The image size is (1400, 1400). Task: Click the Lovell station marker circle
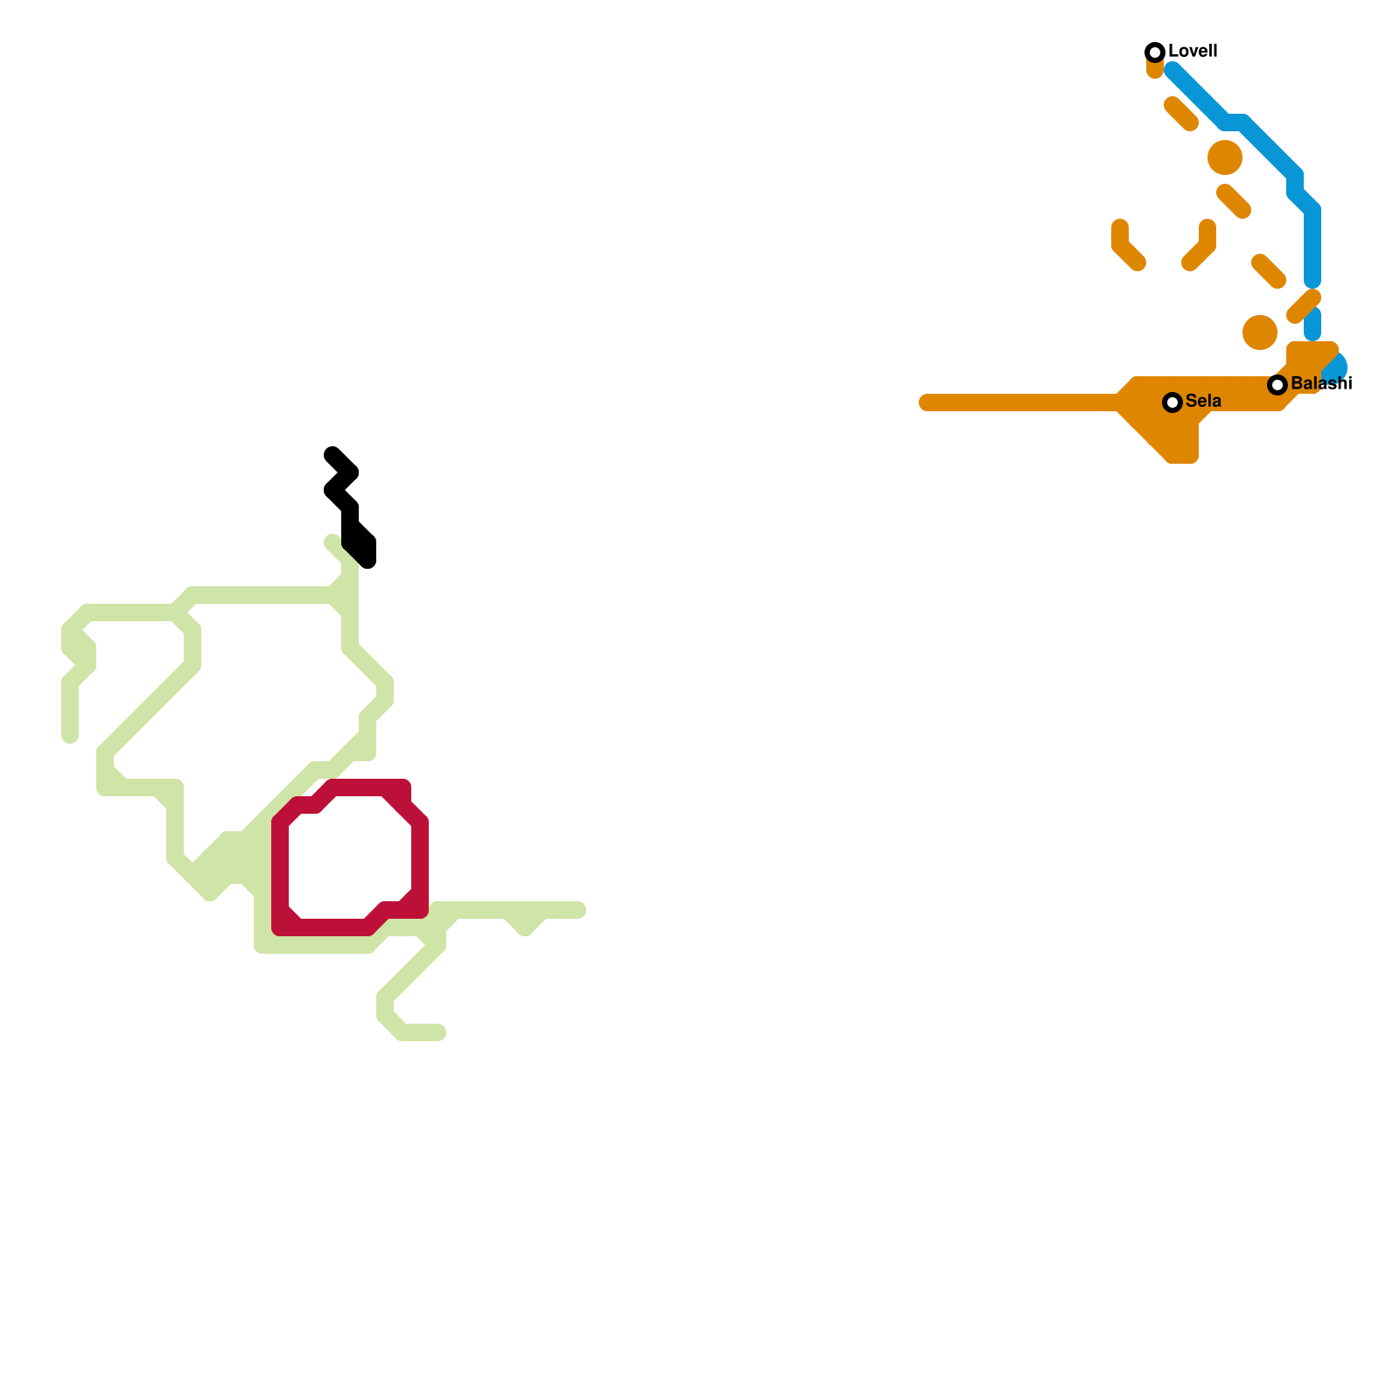coord(1155,52)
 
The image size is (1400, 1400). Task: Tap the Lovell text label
coord(1193,52)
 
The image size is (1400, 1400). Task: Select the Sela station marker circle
coord(1172,402)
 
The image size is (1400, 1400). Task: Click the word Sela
coord(1203,402)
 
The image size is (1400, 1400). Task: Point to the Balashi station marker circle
coord(1277,385)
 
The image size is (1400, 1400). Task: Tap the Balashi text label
coord(1321,384)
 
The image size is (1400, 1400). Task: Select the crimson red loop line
coord(280,875)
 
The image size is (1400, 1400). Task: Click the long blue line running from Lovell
coord(1260,140)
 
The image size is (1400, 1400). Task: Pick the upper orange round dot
coord(1225,157)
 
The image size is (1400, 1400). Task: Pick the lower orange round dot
coord(1260,332)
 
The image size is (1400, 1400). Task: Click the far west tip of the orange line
coord(926,402)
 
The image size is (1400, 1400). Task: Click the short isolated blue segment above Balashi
coord(1312,324)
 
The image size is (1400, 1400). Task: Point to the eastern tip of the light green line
coord(579,910)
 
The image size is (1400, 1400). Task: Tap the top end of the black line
coord(332,454)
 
